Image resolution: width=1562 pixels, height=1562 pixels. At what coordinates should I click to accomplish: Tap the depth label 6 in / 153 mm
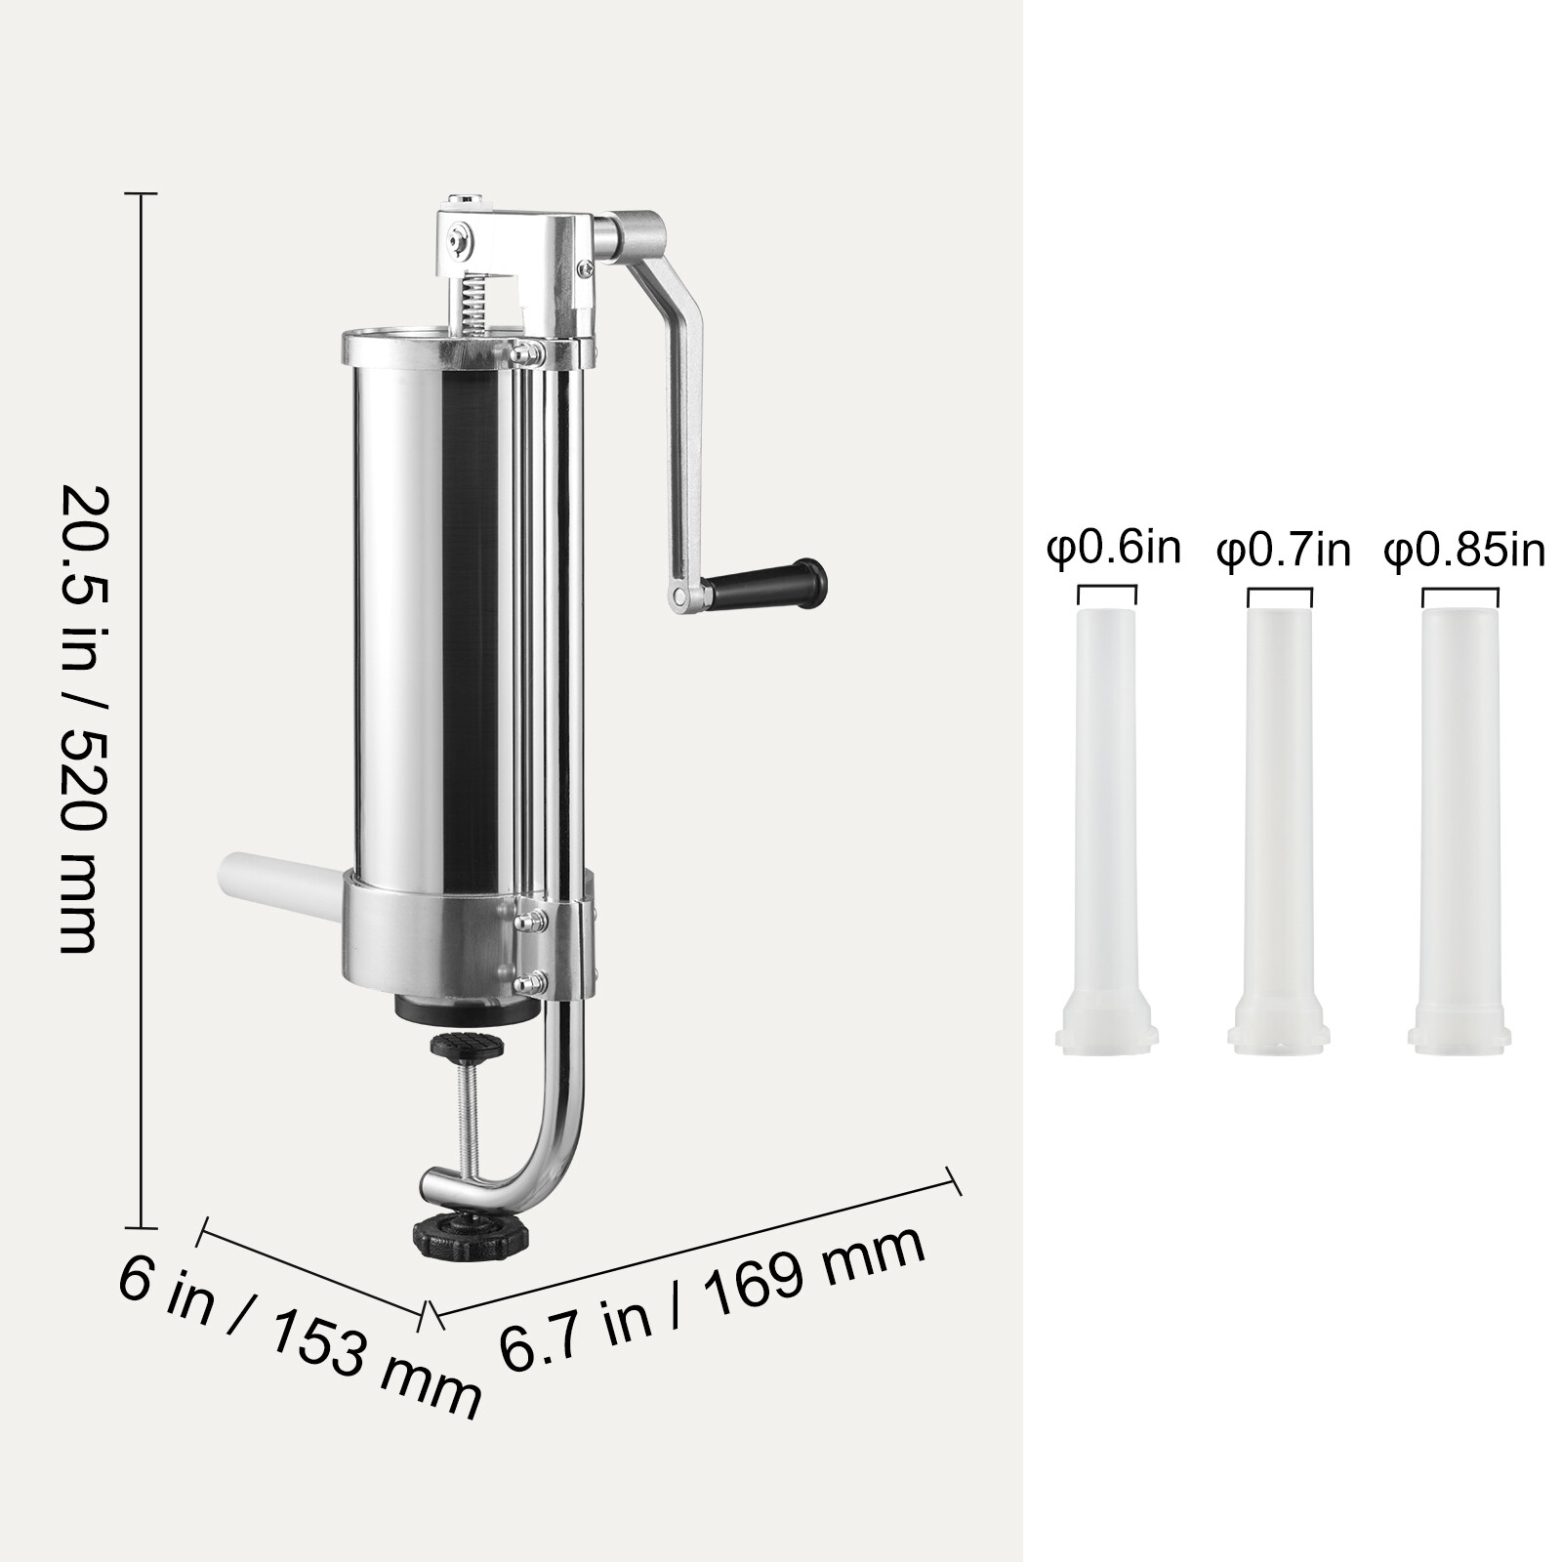pos(298,1333)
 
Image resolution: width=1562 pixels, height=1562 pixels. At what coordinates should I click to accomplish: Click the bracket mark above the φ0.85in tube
pos(1459,594)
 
